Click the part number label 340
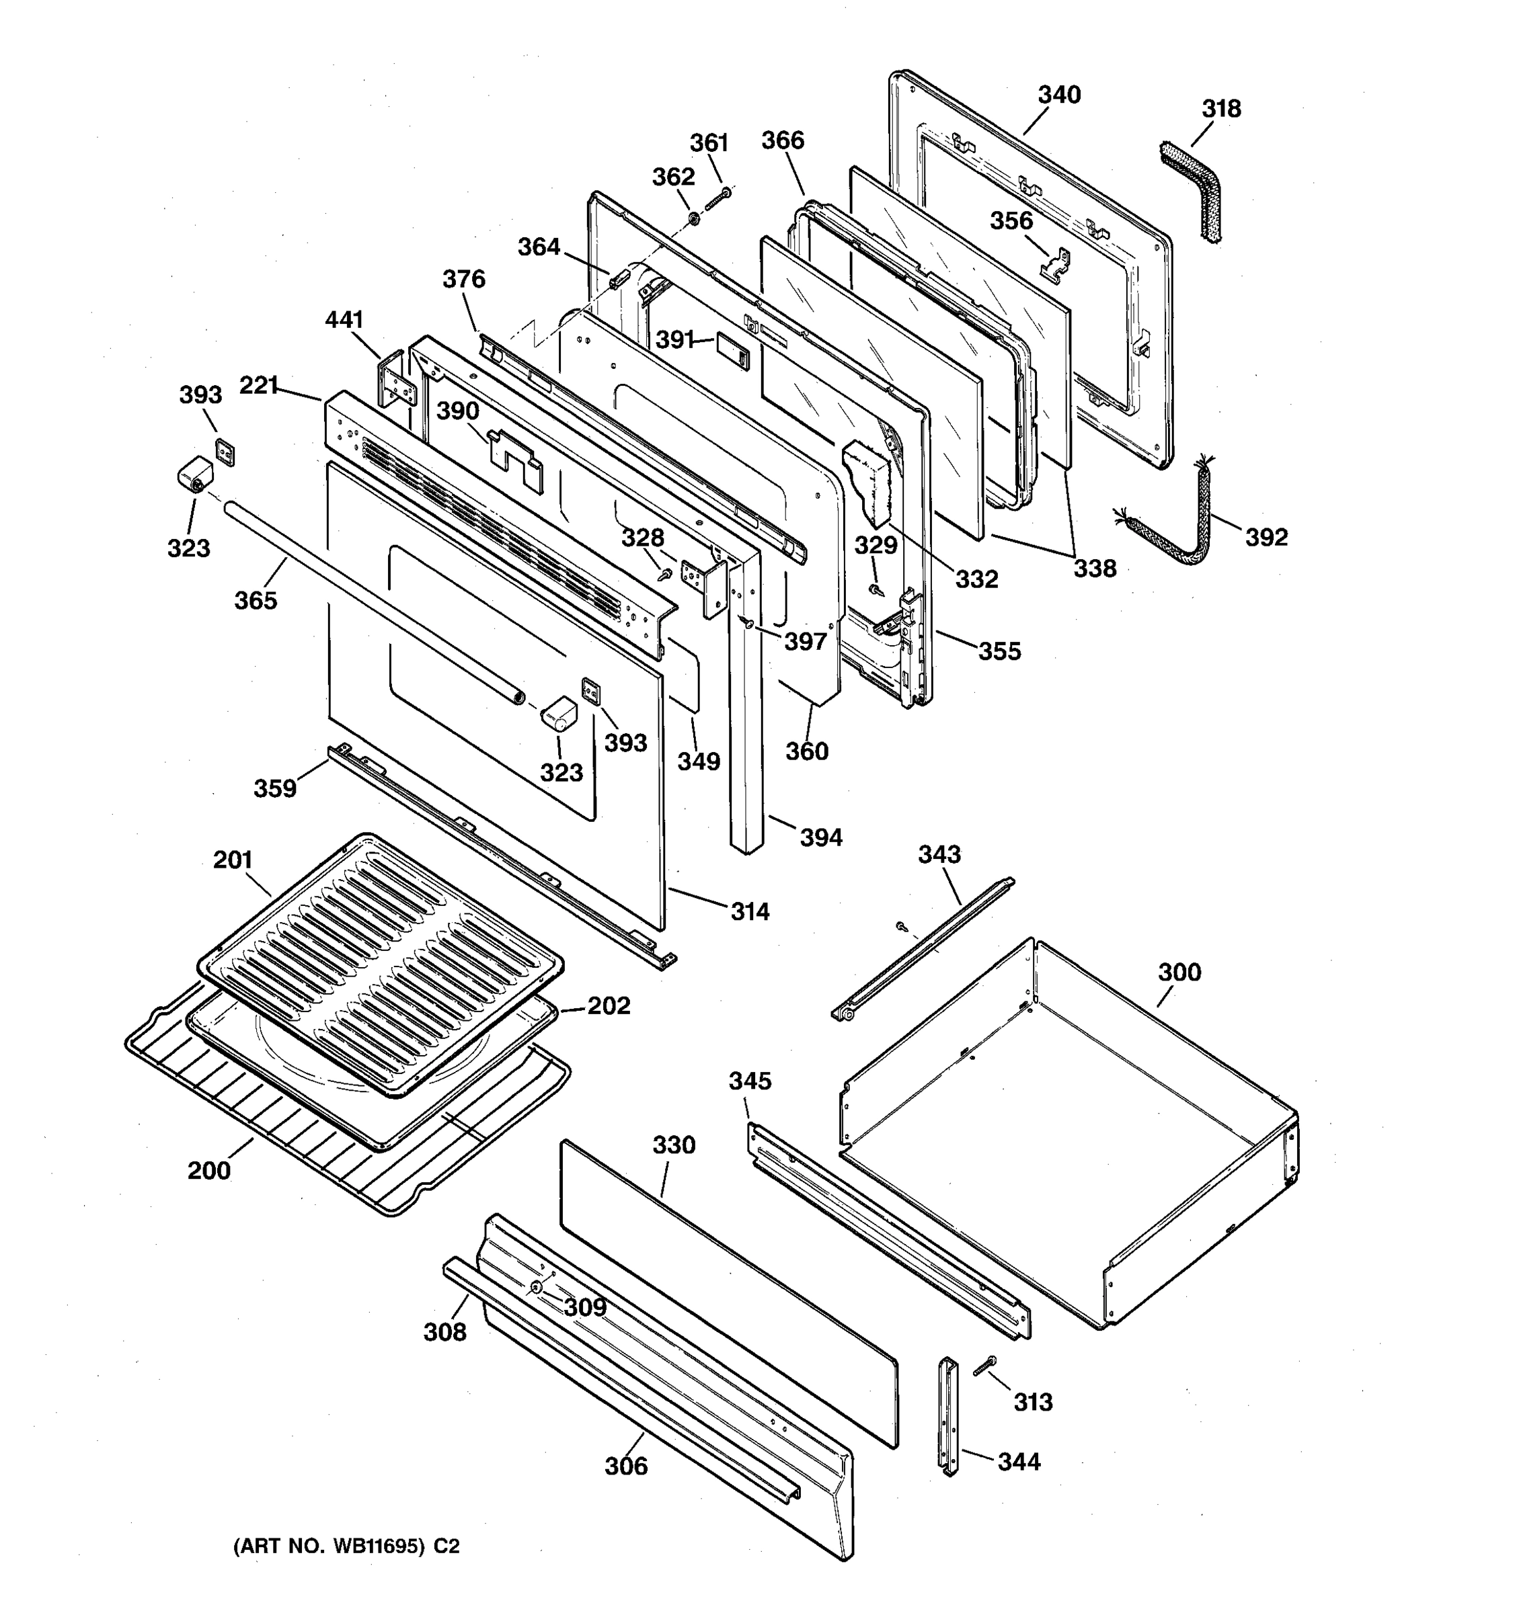coord(1059,95)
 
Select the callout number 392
coord(1266,537)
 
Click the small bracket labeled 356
coord(1055,266)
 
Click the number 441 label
coord(344,320)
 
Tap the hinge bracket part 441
coord(396,381)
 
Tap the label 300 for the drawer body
coord(1179,972)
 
